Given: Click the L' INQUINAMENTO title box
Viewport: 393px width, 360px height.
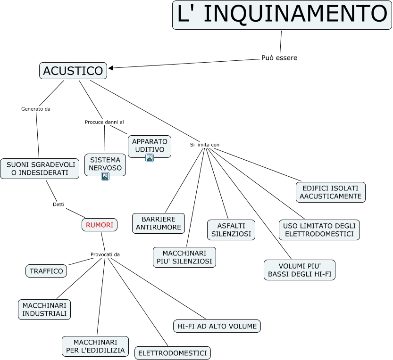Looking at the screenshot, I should point(282,15).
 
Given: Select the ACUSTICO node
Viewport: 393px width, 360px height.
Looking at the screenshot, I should point(73,71).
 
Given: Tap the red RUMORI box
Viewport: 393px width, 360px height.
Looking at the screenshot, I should point(100,225).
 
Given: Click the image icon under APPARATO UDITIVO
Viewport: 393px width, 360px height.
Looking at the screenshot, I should point(150,158).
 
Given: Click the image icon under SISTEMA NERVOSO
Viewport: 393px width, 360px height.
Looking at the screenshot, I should point(105,176).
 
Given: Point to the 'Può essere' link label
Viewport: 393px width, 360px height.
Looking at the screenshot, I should point(279,58).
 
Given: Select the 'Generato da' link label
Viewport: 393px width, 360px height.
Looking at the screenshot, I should point(36,109).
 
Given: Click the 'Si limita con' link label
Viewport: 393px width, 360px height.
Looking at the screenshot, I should point(205,145).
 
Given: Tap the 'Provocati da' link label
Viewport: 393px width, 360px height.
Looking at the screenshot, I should point(105,254).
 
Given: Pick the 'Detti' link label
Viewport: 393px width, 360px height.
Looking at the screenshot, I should point(59,205).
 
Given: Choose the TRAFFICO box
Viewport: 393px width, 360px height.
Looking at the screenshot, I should point(46,271).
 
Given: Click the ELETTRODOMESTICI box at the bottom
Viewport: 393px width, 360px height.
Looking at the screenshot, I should point(173,353).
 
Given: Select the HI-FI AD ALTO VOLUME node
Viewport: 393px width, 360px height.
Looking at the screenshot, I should point(217,326).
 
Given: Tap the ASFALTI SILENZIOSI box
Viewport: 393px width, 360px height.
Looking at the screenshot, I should point(231,229).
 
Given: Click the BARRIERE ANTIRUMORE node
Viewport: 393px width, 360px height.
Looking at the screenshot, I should point(159,223).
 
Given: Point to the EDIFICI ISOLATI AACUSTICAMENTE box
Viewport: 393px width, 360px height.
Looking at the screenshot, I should point(330,192).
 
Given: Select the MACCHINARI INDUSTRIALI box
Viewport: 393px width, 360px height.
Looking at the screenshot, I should point(45,309).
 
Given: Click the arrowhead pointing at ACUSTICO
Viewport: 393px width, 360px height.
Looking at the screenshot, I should point(111,68).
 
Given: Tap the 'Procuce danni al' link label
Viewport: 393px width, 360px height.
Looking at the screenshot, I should point(104,122).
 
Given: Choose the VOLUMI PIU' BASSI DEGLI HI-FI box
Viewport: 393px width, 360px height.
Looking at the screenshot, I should point(299,270).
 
